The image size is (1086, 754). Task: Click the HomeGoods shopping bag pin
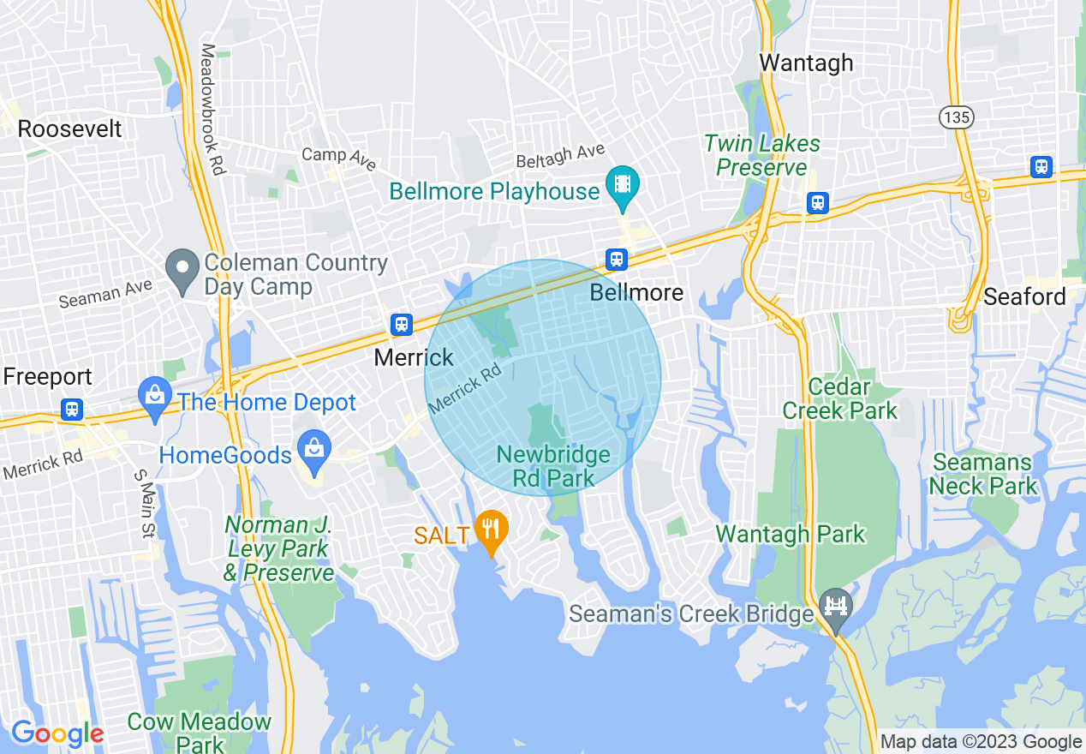314,449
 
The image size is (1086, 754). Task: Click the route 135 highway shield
955,117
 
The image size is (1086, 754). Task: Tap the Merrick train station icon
401,325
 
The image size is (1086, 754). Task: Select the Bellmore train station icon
616,259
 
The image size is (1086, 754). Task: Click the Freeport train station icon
72,409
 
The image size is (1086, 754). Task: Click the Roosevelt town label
70,129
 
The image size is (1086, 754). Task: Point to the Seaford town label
1024,297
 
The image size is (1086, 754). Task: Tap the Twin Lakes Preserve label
762,155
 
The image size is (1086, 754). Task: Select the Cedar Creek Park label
839,399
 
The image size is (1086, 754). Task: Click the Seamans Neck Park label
983,475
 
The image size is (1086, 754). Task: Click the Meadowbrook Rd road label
212,110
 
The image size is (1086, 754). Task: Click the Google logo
57,733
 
